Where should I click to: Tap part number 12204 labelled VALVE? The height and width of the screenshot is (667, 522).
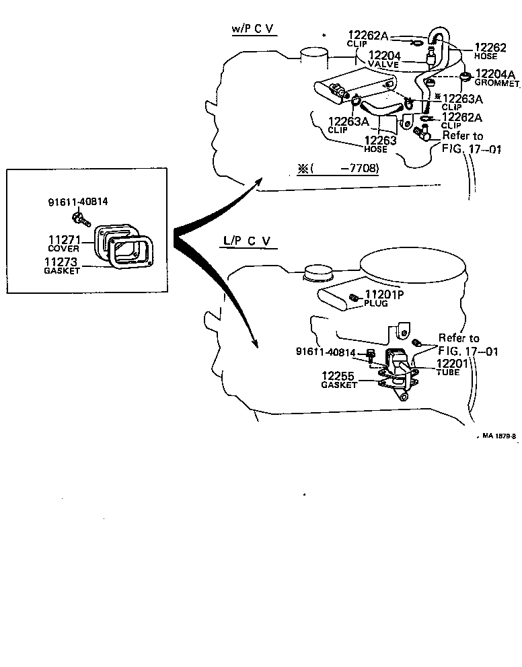tap(383, 56)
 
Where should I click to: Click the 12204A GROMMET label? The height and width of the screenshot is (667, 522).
tap(496, 74)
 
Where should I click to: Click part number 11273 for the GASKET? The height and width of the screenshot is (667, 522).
tap(61, 262)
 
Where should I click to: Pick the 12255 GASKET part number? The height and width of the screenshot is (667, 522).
tap(338, 377)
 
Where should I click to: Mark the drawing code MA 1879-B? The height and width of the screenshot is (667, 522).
tap(498, 436)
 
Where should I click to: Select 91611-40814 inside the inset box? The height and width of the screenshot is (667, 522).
tap(78, 201)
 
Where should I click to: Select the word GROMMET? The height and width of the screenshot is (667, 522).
tap(498, 84)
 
